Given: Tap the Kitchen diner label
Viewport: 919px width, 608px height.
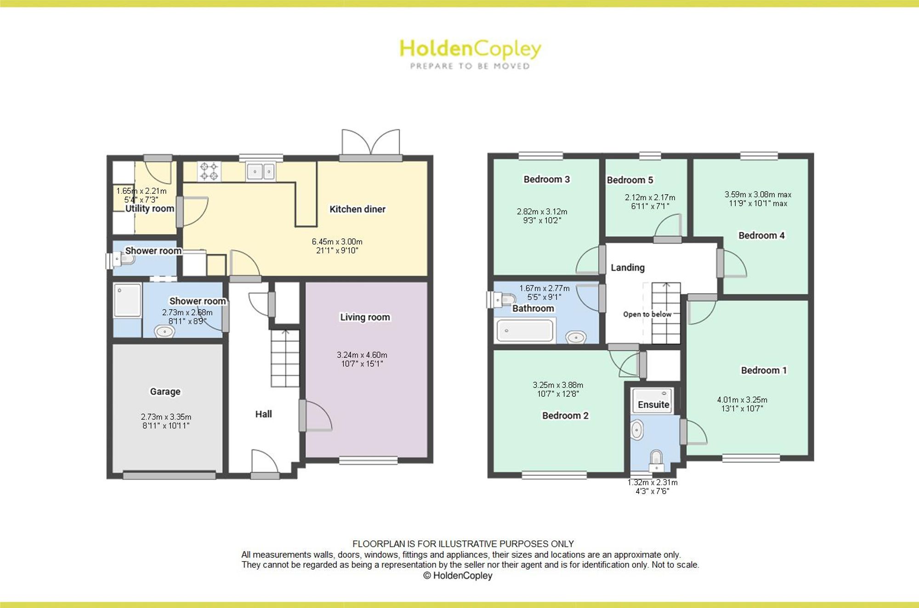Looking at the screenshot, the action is click(x=357, y=209).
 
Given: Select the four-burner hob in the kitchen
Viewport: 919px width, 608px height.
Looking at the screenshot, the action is click(x=209, y=171).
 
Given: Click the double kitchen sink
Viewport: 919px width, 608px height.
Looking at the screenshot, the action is click(x=261, y=172).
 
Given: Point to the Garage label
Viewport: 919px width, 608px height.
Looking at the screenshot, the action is click(x=165, y=392).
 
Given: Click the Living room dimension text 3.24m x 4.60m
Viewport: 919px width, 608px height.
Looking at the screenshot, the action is click(x=362, y=355).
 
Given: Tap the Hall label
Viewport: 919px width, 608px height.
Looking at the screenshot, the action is click(x=263, y=414).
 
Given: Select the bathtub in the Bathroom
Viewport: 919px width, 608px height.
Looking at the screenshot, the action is click(x=525, y=330).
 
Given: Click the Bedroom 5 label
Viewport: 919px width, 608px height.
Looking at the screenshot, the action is click(x=630, y=180).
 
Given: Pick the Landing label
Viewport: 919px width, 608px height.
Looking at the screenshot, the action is click(x=628, y=268).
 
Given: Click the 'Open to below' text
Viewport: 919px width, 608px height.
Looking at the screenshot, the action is click(x=647, y=314).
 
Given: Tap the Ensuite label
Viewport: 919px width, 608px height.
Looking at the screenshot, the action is click(x=653, y=405).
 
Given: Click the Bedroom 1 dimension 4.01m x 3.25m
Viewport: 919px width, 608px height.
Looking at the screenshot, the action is click(x=742, y=400).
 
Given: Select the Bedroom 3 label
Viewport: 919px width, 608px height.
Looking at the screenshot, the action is click(x=547, y=180).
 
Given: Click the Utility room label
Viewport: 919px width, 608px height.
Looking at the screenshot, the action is click(x=150, y=208).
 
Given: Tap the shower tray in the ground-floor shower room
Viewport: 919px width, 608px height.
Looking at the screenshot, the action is click(x=127, y=300).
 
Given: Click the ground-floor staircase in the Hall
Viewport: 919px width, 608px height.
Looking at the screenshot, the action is click(x=285, y=359).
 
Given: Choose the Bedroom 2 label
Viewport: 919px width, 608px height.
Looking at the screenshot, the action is click(x=565, y=416).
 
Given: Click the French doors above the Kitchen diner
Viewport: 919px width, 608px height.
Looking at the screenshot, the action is click(x=371, y=143).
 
